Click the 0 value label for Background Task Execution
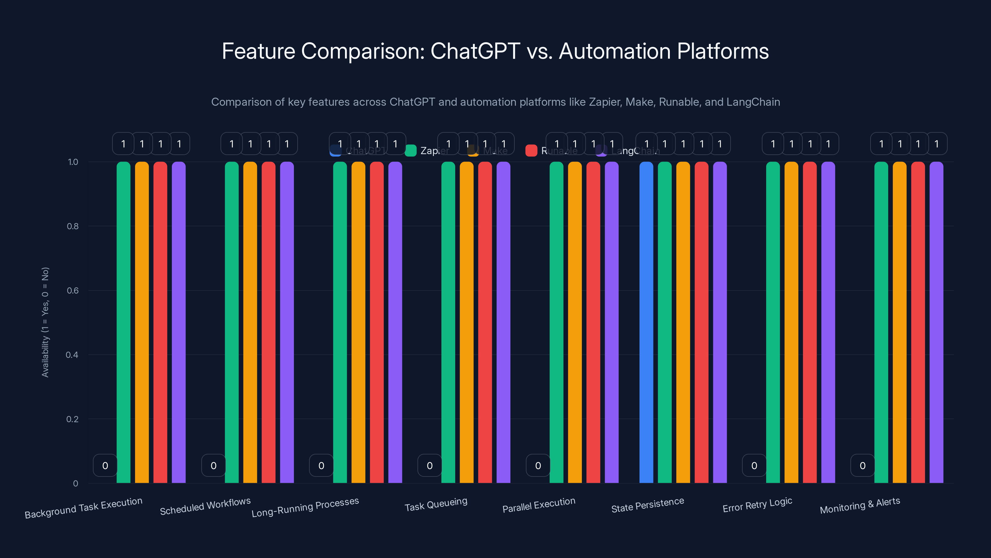tap(105, 466)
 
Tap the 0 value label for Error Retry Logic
tap(754, 466)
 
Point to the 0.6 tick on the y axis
tap(73, 290)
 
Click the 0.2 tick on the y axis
tap(72, 419)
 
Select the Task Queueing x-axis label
tap(436, 504)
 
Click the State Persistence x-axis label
tap(648, 505)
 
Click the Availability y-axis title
tap(46, 322)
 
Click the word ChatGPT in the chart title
tap(475, 51)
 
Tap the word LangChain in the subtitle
tap(753, 102)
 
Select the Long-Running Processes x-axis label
tap(305, 507)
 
